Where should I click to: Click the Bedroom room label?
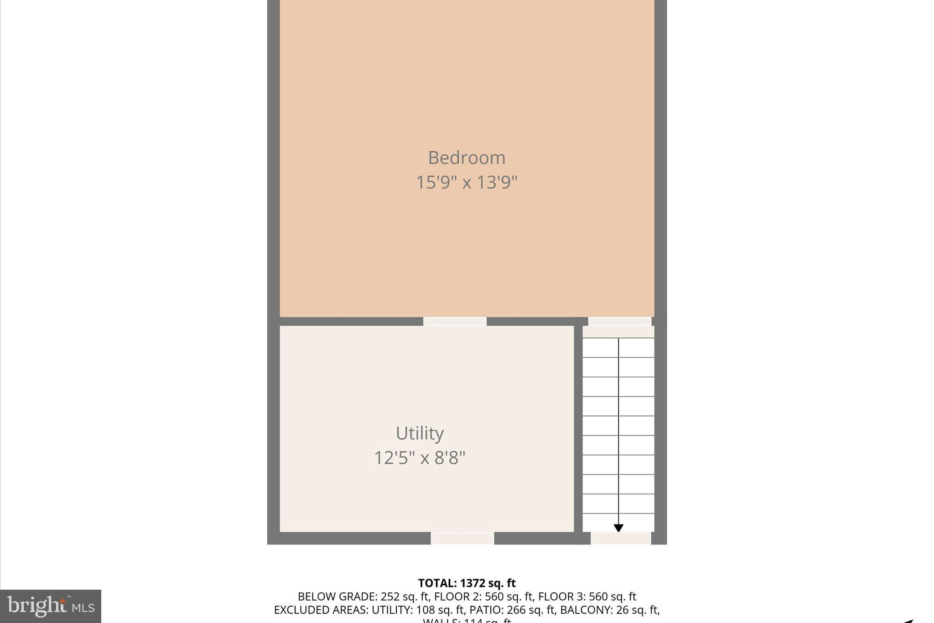[467, 158]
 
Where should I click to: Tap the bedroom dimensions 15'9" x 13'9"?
[467, 183]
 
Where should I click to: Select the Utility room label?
[420, 433]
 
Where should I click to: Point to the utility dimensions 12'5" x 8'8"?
[420, 457]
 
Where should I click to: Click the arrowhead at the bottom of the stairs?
[618, 528]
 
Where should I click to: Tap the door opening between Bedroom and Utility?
[455, 321]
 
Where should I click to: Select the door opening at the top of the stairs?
[619, 321]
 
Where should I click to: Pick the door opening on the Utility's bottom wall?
[462, 538]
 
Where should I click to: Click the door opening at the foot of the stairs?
[621, 538]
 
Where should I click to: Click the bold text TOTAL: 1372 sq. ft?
[467, 583]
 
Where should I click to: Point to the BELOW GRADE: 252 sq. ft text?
[363, 597]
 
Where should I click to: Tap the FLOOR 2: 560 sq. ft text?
[483, 597]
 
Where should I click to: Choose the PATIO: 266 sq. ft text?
[512, 610]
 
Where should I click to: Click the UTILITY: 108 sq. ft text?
[418, 610]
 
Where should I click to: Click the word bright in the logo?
[36, 606]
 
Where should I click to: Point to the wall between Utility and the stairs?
[578, 429]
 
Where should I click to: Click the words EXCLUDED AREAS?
[321, 610]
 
